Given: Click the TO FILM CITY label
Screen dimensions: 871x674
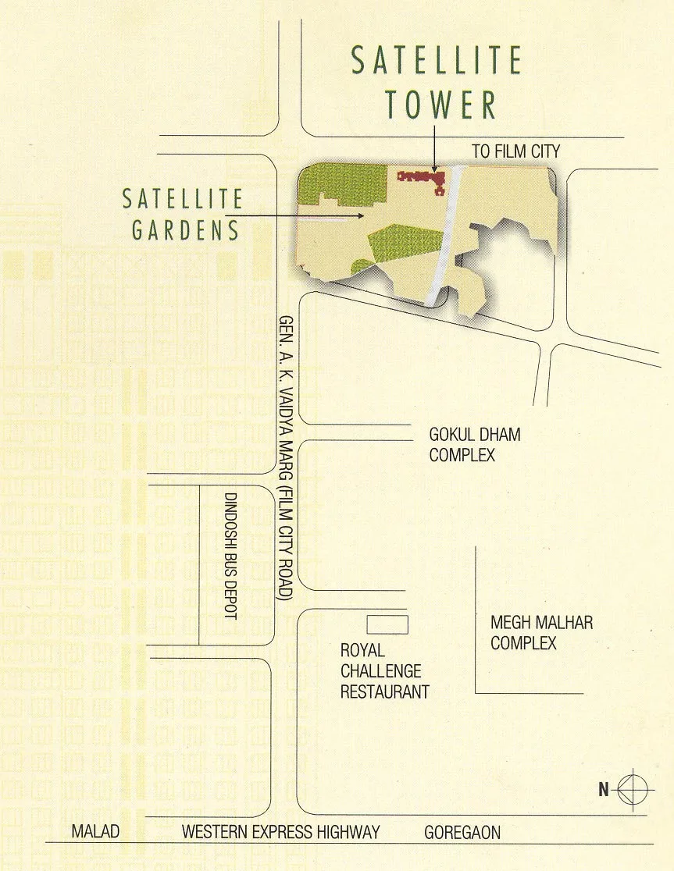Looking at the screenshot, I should point(515,151).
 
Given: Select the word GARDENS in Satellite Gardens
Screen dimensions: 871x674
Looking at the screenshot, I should point(185,230).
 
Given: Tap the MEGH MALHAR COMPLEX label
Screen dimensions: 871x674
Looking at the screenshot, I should point(541,633).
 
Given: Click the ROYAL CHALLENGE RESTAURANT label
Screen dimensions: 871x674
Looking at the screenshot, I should point(384,671).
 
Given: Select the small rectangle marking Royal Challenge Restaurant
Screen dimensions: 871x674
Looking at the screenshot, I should point(388,624).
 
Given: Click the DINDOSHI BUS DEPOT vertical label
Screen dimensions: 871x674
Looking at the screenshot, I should point(230,556).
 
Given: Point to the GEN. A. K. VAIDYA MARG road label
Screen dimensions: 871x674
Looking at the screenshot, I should point(286,457).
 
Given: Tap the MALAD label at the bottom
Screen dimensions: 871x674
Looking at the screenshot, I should point(95,833).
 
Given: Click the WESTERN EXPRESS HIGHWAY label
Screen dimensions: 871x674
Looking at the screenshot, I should point(280,833).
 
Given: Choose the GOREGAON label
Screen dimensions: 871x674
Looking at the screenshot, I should point(462,833).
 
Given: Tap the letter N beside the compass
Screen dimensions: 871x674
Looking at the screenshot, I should point(603,789).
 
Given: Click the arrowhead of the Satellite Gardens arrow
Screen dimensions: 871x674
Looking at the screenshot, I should point(360,215).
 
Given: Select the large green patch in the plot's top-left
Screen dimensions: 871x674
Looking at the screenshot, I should point(344,186).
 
